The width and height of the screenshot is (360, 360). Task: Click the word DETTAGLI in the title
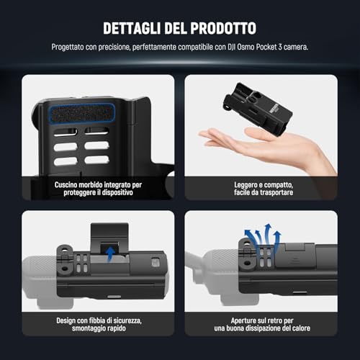click(132, 28)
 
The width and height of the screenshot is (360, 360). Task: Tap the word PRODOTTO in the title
click(223, 28)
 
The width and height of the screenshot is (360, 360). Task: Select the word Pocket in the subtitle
click(266, 47)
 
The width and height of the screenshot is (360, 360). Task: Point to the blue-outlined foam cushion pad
click(81, 113)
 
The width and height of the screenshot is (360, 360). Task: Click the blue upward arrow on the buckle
click(110, 254)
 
